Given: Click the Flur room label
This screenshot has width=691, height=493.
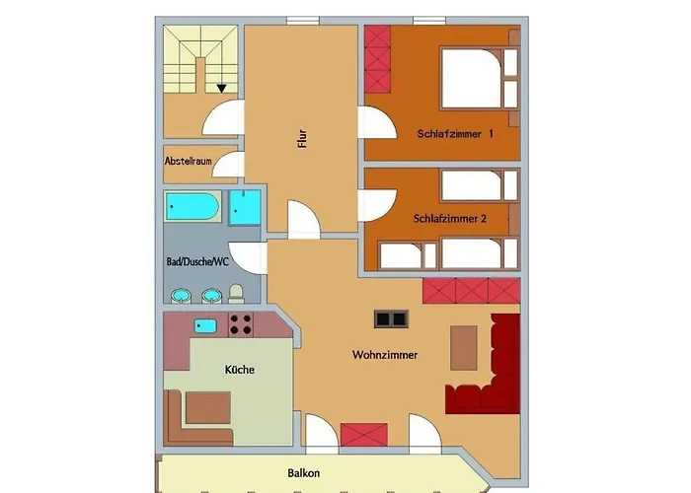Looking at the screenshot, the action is click(x=302, y=139).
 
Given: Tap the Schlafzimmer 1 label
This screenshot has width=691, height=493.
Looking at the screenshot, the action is click(x=455, y=134).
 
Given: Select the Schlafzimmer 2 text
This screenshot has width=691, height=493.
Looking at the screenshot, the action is click(x=450, y=218).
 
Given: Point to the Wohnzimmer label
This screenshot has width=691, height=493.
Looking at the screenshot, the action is click(x=385, y=355).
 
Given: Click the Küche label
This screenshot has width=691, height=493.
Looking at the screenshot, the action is click(x=239, y=370).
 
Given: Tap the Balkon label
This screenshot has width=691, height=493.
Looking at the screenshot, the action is click(x=304, y=473).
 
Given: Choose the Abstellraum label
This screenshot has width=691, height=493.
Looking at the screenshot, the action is click(x=189, y=161).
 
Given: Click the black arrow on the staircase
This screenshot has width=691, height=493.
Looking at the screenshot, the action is click(x=222, y=89).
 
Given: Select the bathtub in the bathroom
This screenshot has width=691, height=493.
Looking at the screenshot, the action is click(x=192, y=206).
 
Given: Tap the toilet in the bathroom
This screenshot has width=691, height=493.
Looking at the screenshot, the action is click(x=237, y=294).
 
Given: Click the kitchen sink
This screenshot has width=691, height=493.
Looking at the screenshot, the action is click(x=205, y=326).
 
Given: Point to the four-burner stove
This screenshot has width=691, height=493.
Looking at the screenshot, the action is click(x=241, y=324).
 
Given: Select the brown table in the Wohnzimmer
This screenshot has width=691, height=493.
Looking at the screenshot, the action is click(x=464, y=348).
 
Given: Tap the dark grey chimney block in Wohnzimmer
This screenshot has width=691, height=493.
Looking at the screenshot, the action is click(x=391, y=318).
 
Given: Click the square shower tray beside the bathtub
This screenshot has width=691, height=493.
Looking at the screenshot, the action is click(x=245, y=208).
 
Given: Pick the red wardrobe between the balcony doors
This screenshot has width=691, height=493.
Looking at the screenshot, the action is click(x=364, y=435).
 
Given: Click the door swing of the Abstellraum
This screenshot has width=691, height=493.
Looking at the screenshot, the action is click(x=228, y=165).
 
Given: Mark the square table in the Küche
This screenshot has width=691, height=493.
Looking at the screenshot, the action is click(x=208, y=407).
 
